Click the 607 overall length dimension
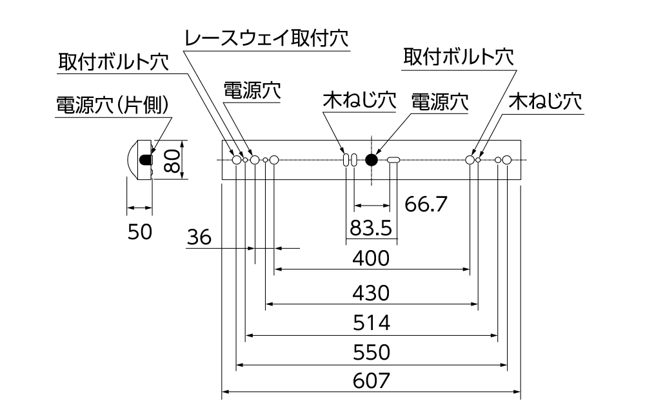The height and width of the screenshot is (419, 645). coord(372,380)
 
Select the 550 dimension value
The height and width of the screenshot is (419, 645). coord(372,353)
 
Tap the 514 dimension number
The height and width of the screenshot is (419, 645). coord(372,322)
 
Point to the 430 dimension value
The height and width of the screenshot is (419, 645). coord(372,293)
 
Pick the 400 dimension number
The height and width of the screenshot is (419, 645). coord(372,259)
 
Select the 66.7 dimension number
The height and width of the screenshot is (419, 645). coord(426,204)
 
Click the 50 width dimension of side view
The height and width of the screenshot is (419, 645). coord(139,231)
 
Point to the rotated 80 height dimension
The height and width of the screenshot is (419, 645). coord(171,160)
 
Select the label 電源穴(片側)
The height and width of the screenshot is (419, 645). coord(112,105)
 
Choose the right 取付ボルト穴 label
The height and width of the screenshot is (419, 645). coord(459,57)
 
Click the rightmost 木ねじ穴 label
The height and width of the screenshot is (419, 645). coord(545,101)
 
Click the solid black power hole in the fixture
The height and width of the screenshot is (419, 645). coord(372,160)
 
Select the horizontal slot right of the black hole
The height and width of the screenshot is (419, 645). coord(393,160)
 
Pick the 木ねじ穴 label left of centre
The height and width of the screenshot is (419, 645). coord(359,101)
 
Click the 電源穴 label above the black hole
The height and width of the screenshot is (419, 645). coord(439,101)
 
